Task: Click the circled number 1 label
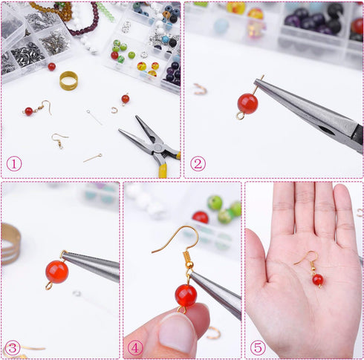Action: (x=14, y=164)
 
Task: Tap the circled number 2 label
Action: (x=198, y=164)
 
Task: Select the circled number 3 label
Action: (x=12, y=347)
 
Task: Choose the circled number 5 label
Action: (x=258, y=347)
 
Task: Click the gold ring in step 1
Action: (x=68, y=80)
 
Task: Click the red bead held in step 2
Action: (x=247, y=103)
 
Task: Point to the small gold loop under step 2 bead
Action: (x=240, y=116)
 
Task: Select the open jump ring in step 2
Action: (x=200, y=89)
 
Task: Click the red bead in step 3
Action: (x=56, y=271)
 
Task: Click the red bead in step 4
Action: (x=186, y=295)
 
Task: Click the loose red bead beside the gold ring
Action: (x=51, y=67)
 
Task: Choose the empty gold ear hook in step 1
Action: (x=59, y=139)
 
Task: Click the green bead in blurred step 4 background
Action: (x=215, y=203)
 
